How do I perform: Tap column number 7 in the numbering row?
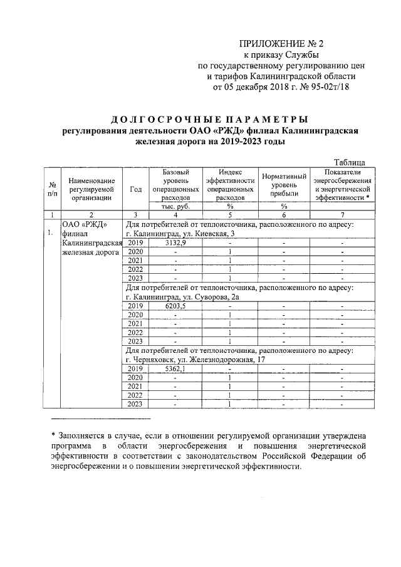point(342,214)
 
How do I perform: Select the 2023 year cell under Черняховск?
point(135,404)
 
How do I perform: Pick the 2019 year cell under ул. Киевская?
point(135,243)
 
